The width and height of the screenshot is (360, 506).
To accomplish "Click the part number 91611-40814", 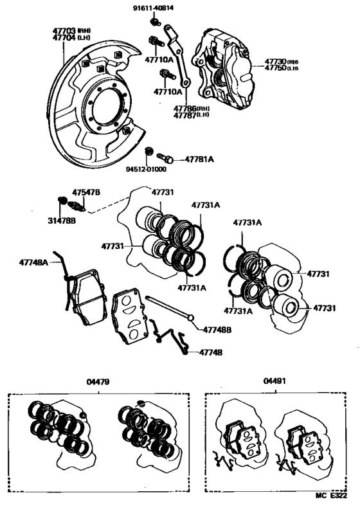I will [x=154, y=9].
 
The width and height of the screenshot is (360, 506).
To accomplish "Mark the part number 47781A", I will [x=200, y=158].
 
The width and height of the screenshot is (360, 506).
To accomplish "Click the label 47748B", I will [x=217, y=330].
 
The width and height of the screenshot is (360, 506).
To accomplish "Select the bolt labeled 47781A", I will [x=165, y=158].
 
